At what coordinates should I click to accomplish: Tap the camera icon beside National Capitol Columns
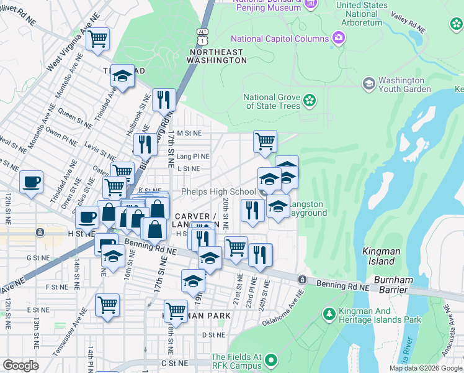point(338,38)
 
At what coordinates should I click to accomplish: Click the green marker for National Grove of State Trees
point(309,99)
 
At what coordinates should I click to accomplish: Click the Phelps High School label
point(218,192)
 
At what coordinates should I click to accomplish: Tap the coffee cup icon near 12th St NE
point(31,182)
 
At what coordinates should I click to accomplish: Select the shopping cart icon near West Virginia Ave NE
point(97,39)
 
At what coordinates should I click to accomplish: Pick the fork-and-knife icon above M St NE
point(164,99)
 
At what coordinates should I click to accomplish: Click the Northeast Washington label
point(216,56)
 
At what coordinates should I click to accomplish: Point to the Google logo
point(20,366)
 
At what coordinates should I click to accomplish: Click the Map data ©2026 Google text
point(426,368)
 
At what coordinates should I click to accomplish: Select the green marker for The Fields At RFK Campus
point(271,360)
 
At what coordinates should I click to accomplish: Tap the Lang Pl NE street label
point(192,157)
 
